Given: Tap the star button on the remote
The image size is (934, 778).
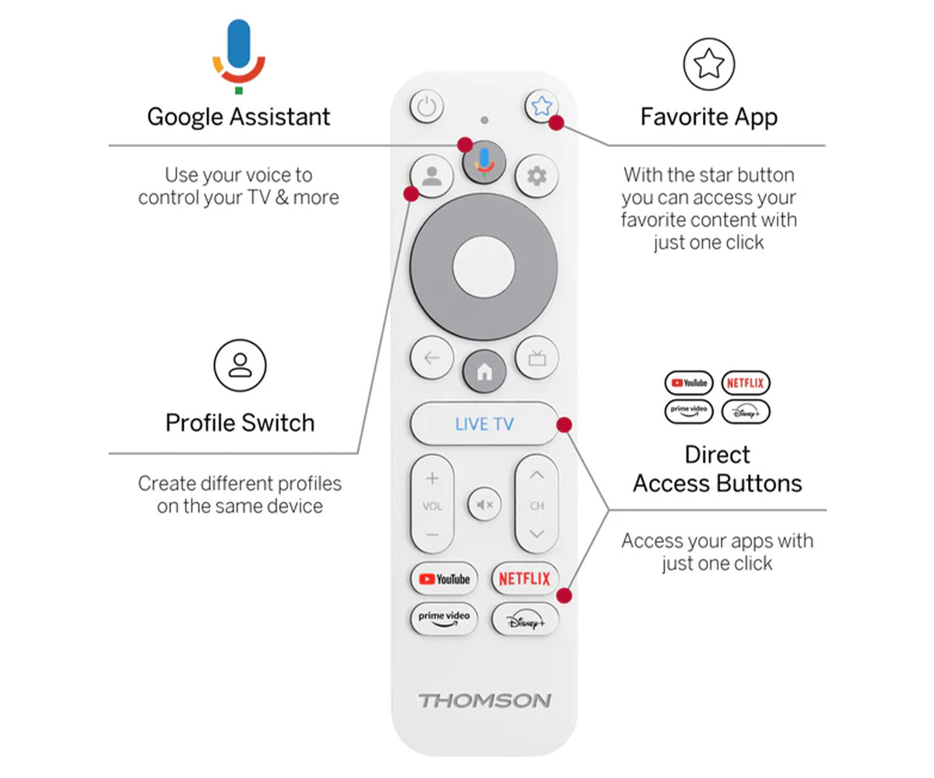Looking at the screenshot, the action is point(541,107).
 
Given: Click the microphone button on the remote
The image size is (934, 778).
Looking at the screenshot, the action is point(484,162).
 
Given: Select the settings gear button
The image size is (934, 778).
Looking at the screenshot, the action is point(537,176).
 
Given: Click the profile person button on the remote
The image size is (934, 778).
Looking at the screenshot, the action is point(432,176).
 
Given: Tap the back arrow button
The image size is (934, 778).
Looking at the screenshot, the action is point(432,358).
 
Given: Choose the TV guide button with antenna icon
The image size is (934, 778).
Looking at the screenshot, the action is point(537,358).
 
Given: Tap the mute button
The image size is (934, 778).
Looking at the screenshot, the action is point(484,505).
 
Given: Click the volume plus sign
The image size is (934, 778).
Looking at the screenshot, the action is point(432,478).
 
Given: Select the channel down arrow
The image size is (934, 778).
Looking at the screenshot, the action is point(537,534).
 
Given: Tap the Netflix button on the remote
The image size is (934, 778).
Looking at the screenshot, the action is point(525,579).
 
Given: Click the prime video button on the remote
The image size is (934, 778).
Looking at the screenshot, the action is point(444,619).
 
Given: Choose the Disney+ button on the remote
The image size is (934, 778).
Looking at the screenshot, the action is point(525,619).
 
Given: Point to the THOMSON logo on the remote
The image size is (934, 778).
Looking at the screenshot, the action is point(484,701).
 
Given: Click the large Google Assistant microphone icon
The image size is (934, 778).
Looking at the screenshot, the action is point(239,56).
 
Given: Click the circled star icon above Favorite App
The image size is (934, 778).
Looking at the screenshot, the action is point(709,64).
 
